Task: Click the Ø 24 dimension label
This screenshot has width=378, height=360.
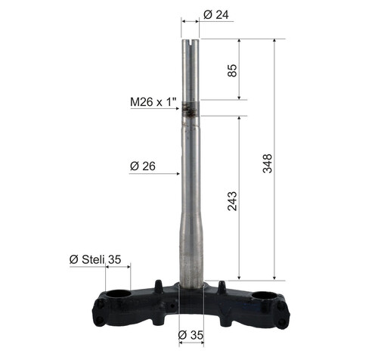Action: (216, 15)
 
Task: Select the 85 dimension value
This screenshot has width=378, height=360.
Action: (232, 70)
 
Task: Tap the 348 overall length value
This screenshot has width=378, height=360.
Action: (268, 163)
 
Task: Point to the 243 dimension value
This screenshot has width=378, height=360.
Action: (232, 201)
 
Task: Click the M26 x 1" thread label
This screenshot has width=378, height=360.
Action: (153, 102)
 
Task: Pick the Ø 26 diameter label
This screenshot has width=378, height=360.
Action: (143, 166)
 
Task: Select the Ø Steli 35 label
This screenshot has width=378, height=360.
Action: (95, 259)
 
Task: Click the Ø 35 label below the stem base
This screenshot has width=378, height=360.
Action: (191, 335)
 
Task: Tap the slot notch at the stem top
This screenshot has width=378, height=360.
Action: (191, 44)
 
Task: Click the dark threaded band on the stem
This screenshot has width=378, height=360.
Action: (191, 109)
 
